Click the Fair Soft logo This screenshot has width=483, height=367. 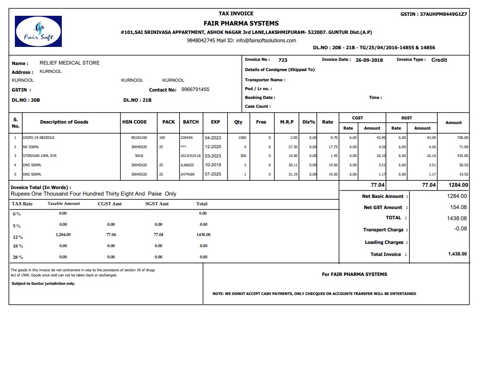pyautogui.click(x=38, y=31)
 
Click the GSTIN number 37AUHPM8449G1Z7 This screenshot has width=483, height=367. pyautogui.click(x=443, y=14)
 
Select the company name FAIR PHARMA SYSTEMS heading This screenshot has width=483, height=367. pyautogui.click(x=241, y=23)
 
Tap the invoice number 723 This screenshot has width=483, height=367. pyautogui.click(x=283, y=60)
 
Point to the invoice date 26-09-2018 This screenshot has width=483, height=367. pyautogui.click(x=369, y=60)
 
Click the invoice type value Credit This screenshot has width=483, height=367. pyautogui.click(x=439, y=60)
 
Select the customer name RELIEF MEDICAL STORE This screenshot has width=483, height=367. pyautogui.click(x=70, y=63)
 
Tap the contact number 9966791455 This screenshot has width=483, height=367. pyautogui.click(x=195, y=89)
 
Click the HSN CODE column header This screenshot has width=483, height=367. pyautogui.click(x=134, y=122)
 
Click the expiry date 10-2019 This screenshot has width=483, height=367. pyautogui.click(x=213, y=165)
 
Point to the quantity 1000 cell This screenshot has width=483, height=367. pyautogui.click(x=242, y=138)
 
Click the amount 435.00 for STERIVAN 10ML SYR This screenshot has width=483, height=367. pyautogui.click(x=462, y=156)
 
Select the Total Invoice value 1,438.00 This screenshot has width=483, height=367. pyautogui.click(x=457, y=254)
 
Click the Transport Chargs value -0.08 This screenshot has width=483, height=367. pyautogui.click(x=461, y=229)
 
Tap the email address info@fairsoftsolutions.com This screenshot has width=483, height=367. pyautogui.click(x=266, y=40)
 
